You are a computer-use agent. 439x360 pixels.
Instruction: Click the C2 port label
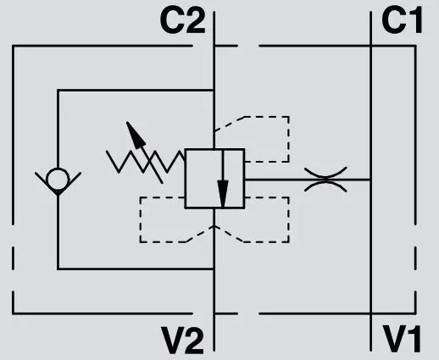pos(182,20)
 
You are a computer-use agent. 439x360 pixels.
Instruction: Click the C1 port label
pos(402,20)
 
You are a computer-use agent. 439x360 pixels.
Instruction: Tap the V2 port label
pos(182,340)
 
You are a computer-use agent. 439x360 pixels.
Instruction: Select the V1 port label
pos(402,339)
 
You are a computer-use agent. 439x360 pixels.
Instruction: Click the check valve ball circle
pos(58,179)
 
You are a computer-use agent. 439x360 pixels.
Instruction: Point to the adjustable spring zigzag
pos(146,162)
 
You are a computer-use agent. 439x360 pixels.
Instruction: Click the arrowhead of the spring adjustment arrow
pos(135,135)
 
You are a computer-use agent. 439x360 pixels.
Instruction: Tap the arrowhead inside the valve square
pos(223,194)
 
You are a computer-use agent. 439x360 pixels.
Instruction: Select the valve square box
pos(214,179)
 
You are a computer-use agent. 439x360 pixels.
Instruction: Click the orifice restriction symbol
pos(325,180)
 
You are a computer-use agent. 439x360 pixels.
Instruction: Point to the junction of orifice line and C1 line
pos(370,180)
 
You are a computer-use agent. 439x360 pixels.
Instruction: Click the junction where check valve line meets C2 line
pos(214,90)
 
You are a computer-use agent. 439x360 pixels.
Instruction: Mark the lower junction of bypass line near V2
pos(214,269)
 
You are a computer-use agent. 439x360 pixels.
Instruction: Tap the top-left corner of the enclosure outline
pos(13,46)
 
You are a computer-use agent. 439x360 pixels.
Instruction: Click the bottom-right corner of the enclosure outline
pos(415,313)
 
